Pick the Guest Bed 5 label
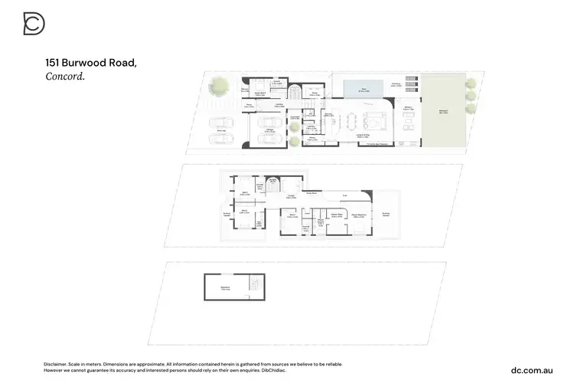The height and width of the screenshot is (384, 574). (259, 94)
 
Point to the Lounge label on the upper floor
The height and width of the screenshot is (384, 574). (291, 197)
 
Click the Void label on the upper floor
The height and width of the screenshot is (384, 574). (344, 196)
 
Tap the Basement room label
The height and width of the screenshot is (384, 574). (226, 288)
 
